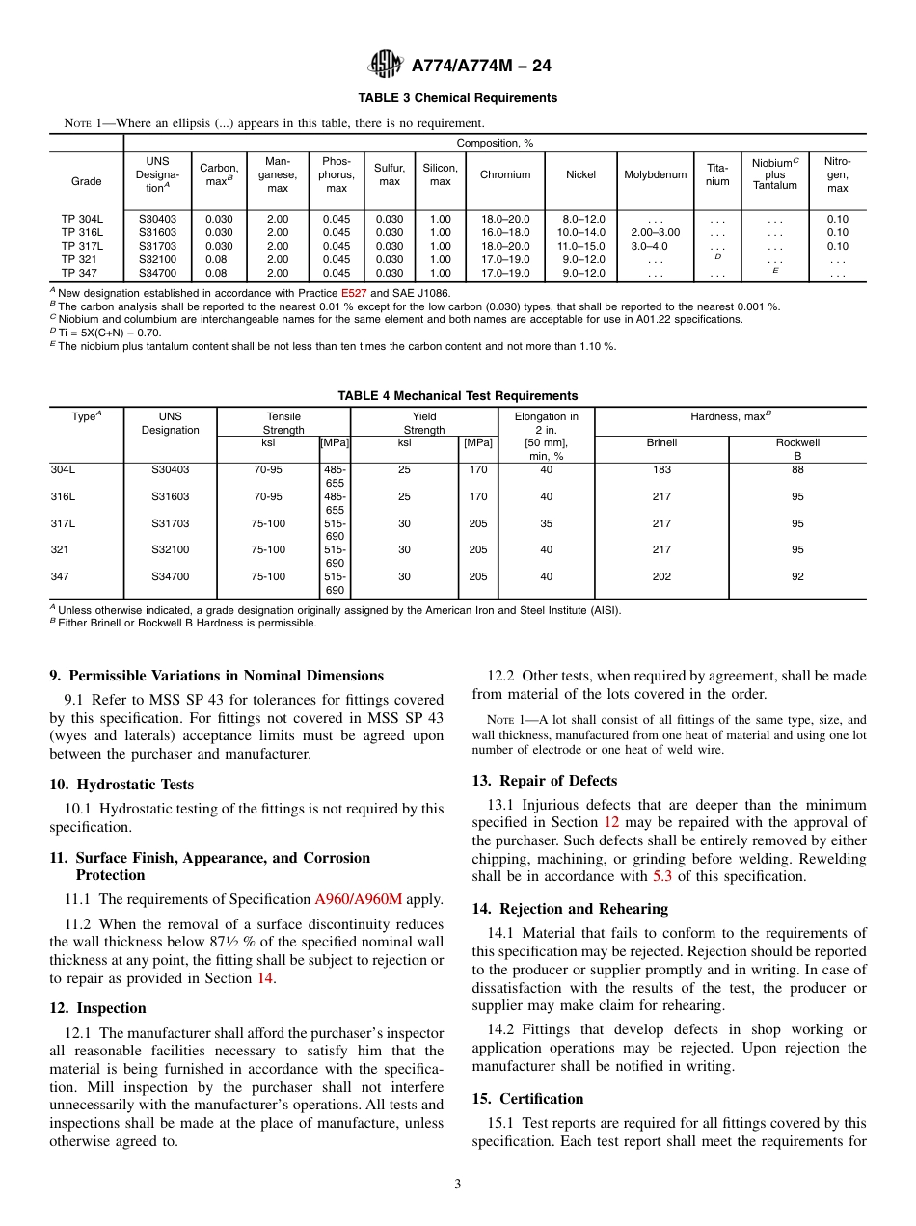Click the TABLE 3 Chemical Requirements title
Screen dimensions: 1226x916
[x=457, y=98]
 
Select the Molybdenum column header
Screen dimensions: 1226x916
[x=656, y=175]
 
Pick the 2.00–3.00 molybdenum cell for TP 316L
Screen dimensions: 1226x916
[x=656, y=232]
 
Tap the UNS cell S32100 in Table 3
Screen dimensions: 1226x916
[x=157, y=259]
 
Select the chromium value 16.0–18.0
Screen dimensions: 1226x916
[x=505, y=232]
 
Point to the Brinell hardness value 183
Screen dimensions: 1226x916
[x=661, y=470]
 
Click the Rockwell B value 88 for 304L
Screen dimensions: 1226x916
[x=797, y=470]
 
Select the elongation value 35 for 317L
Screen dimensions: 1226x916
[x=546, y=523]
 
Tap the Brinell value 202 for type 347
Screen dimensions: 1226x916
[x=661, y=576]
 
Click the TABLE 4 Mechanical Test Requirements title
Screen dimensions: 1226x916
[x=457, y=396]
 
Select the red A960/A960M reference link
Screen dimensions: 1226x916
[x=358, y=899]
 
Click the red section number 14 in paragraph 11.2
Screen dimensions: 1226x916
[x=264, y=978]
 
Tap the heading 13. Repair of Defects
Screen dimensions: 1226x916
[x=544, y=781]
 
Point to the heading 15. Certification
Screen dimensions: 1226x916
[x=527, y=1099]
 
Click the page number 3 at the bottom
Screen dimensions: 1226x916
[x=458, y=1185]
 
